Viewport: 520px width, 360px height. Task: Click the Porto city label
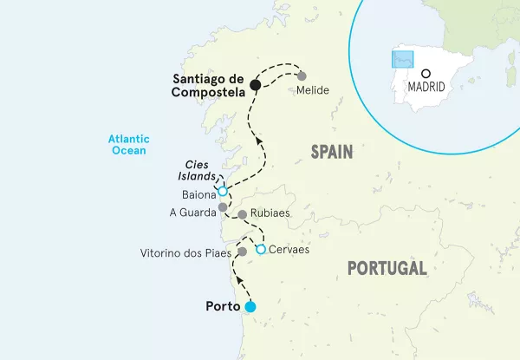click(224, 306)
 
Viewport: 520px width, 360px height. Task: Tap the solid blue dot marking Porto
click(250, 306)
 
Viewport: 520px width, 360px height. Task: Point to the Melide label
click(312, 89)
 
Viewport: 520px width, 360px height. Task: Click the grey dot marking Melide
click(302, 75)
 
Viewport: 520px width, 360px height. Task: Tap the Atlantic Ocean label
click(129, 144)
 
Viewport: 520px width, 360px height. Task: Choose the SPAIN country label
click(333, 153)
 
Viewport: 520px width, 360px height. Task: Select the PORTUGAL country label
click(387, 268)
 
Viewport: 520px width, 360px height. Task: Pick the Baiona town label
click(198, 196)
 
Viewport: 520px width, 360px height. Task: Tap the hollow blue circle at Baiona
click(223, 192)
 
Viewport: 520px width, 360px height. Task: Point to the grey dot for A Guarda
click(223, 208)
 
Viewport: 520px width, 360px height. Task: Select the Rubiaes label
click(269, 213)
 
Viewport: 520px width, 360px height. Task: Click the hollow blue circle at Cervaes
click(260, 250)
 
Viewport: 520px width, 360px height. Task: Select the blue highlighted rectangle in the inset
click(401, 58)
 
